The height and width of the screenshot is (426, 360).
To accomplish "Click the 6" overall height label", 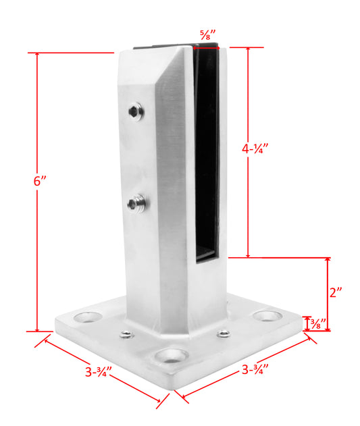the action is click(x=40, y=181).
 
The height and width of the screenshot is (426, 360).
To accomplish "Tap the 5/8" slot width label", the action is click(x=208, y=35).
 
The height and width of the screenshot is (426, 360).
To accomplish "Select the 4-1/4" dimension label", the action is click(x=255, y=149).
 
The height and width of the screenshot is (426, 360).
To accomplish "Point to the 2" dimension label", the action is click(x=336, y=292).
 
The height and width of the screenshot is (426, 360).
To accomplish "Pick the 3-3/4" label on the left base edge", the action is click(x=99, y=372).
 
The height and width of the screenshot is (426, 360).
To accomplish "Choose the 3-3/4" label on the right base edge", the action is click(x=255, y=369).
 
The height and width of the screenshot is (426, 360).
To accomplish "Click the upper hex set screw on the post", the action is click(x=136, y=111).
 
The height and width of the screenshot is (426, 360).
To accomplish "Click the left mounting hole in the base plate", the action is click(x=88, y=317).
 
